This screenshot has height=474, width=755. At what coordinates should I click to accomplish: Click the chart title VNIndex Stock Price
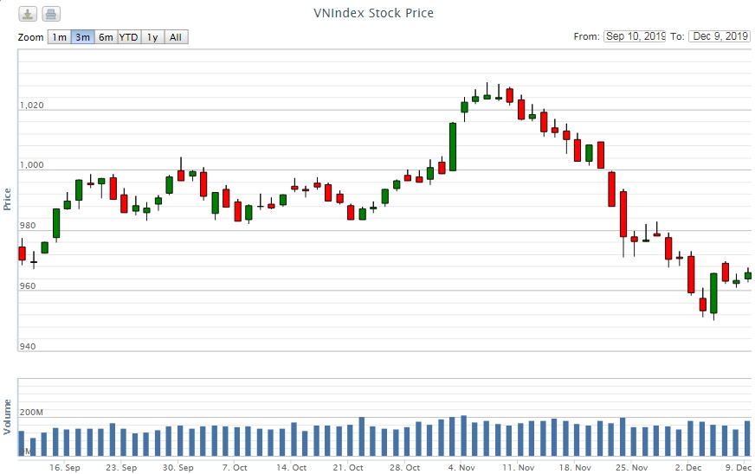point(373,13)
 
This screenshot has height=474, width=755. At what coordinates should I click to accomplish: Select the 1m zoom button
point(59,37)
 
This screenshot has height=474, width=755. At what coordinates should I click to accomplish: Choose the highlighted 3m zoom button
point(82,37)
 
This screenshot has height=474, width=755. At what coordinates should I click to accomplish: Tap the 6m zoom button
point(106,37)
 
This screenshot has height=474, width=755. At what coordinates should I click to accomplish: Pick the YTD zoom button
point(128,37)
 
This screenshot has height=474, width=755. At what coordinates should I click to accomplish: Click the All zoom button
point(175,37)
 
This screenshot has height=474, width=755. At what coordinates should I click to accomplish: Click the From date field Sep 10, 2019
point(635,36)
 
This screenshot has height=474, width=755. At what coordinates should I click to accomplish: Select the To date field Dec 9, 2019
point(720,36)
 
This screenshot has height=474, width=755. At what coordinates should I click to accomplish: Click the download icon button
point(29,14)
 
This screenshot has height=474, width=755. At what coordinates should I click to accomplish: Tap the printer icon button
point(51,14)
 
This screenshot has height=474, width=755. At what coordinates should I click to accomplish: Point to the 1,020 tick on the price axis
point(31,106)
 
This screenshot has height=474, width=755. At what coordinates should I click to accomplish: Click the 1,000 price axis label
point(31,165)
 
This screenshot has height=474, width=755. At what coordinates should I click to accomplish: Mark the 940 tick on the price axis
point(27,347)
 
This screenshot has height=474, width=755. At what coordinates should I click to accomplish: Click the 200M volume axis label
point(31,412)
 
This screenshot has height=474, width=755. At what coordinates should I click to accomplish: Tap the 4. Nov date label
point(461,467)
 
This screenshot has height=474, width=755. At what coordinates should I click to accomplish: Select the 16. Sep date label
point(65,467)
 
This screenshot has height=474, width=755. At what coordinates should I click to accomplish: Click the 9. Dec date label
point(739,467)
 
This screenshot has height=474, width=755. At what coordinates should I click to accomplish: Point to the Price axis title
point(8,199)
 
